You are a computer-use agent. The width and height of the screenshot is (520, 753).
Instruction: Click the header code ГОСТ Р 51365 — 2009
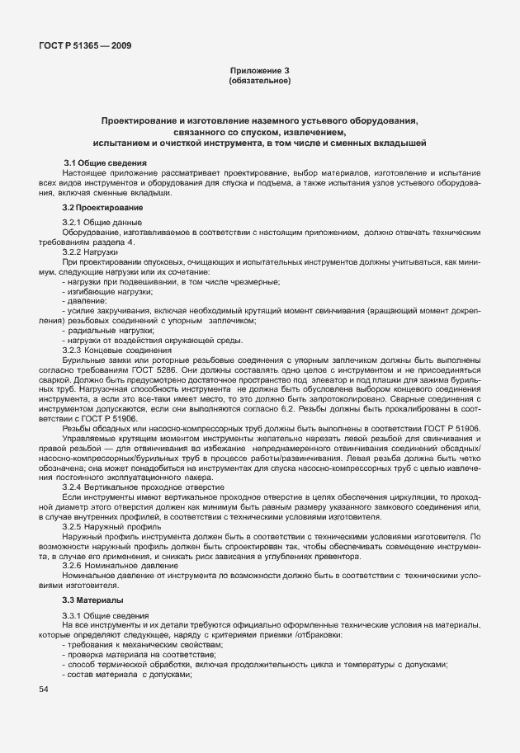pos(84,45)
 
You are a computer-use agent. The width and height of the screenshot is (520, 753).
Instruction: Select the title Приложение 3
pos(259,71)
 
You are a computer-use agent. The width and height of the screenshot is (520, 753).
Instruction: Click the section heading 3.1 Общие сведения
pos(106,162)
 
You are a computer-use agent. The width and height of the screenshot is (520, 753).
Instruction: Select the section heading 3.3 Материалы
pos(93,600)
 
